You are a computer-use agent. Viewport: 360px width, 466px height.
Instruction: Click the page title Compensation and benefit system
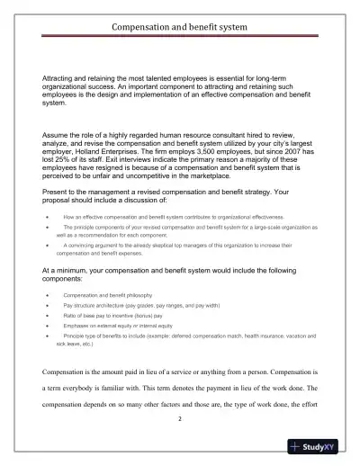179,27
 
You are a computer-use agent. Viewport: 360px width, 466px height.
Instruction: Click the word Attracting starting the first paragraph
62,79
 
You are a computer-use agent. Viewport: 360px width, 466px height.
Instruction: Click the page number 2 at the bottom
180,418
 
